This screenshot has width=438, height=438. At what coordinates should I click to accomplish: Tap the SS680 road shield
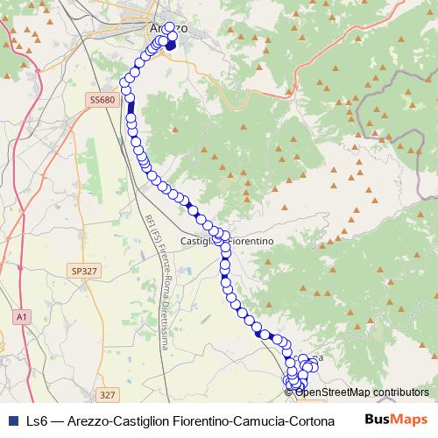102,101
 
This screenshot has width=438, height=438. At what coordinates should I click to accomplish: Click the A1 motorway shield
21,314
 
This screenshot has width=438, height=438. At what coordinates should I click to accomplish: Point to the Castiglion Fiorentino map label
228,240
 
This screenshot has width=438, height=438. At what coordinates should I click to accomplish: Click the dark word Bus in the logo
378,419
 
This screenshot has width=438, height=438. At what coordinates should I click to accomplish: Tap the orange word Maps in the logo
411,419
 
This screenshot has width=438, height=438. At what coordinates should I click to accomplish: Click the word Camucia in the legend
256,420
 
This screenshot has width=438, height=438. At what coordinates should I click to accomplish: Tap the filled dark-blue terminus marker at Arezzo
172,46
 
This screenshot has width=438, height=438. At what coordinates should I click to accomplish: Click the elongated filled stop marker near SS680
131,109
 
